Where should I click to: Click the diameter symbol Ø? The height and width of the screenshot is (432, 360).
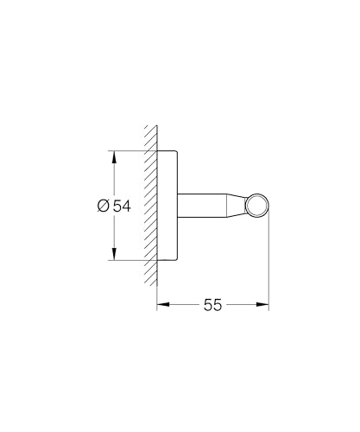tap(102, 206)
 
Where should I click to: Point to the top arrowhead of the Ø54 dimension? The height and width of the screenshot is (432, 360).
tap(113, 156)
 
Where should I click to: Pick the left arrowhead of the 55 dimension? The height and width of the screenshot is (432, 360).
tap(161, 304)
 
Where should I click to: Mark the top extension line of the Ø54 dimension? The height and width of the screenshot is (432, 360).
tap(129, 151)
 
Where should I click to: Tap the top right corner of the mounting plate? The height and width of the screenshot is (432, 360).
tap(178, 154)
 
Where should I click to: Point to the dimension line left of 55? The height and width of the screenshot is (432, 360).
tap(181, 304)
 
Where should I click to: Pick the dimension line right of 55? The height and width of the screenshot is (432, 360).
tap(246, 304)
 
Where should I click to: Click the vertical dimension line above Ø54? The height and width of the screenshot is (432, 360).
tap(113, 177)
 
